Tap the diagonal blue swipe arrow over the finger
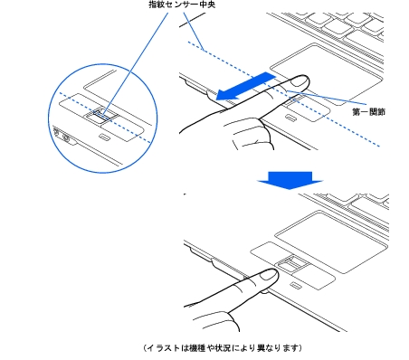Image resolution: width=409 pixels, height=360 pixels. pos(243,87)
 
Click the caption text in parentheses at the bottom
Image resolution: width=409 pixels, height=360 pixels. pos(223,347)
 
